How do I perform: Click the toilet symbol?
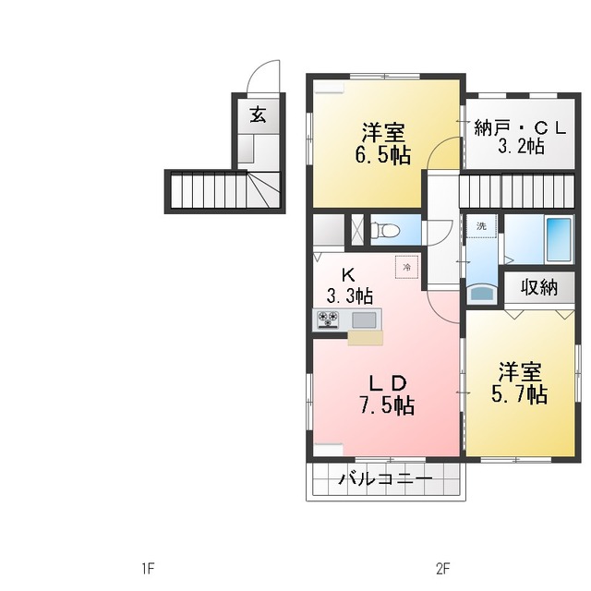point(385,230)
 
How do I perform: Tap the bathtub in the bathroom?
point(559,240)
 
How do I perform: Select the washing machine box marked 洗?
point(482,226)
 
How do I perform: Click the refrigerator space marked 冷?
point(406,267)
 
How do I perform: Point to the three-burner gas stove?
point(328,320)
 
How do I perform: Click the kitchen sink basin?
point(364,320)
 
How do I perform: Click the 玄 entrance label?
point(259,115)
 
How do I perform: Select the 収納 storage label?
point(539,287)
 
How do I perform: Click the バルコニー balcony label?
point(385,479)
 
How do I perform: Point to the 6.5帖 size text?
point(382,155)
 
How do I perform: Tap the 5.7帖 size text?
point(519,394)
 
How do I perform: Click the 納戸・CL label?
point(520,128)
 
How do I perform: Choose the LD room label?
point(388,384)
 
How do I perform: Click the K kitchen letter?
point(348,275)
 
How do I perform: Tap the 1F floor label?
point(148,569)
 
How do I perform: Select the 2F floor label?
point(443,569)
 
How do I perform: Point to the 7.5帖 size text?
point(386,406)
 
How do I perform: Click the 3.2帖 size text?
point(521,146)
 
